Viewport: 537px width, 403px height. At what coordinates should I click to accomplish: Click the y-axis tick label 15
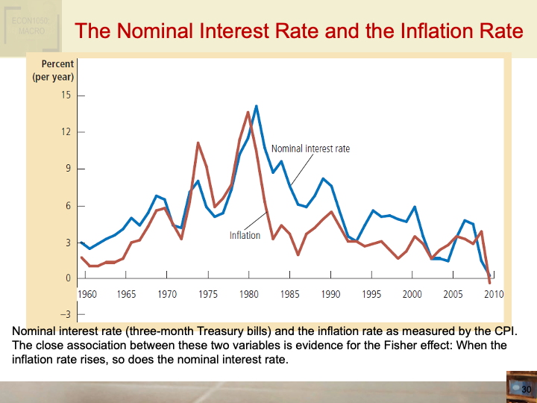66,96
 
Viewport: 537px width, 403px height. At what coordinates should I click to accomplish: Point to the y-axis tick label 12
66,132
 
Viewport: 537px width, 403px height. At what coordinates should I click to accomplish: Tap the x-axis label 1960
87,294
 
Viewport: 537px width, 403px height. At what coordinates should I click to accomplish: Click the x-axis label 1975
209,294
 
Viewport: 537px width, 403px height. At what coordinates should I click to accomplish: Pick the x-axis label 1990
330,294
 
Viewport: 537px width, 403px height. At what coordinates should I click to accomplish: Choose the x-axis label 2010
494,294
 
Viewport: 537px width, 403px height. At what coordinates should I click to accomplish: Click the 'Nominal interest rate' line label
315,149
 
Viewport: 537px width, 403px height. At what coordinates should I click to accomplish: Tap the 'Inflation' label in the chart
245,236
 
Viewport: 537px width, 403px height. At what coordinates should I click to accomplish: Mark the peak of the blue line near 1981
256,106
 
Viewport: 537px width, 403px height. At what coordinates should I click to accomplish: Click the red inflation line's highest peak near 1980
248,112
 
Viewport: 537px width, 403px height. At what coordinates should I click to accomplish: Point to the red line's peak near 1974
198,143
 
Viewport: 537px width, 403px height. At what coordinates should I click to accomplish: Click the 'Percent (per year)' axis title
52,71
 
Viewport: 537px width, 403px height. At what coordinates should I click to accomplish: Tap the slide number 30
525,390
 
